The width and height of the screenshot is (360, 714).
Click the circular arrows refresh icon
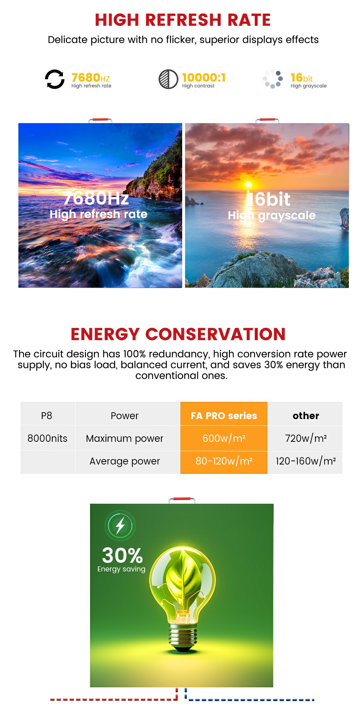55,79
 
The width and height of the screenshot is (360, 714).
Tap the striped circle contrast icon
168,79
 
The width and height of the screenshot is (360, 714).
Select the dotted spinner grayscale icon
273,78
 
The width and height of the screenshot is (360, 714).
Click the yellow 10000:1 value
204,77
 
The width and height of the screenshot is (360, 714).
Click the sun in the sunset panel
248,185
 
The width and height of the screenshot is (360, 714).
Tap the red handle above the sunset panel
267,120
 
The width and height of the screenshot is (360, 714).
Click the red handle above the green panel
182,500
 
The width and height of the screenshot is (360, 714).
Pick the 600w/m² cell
224,438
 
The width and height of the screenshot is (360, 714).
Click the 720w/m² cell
306,438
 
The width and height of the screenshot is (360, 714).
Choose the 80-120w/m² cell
224,462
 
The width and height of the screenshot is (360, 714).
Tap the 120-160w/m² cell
306,462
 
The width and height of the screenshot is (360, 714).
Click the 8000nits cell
48,438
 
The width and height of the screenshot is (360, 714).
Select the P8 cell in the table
47,416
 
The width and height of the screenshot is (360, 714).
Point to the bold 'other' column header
306,416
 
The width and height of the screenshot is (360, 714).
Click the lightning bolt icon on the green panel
120,526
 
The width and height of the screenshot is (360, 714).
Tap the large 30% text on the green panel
122,555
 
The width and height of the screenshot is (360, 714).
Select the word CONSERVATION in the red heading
215,334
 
